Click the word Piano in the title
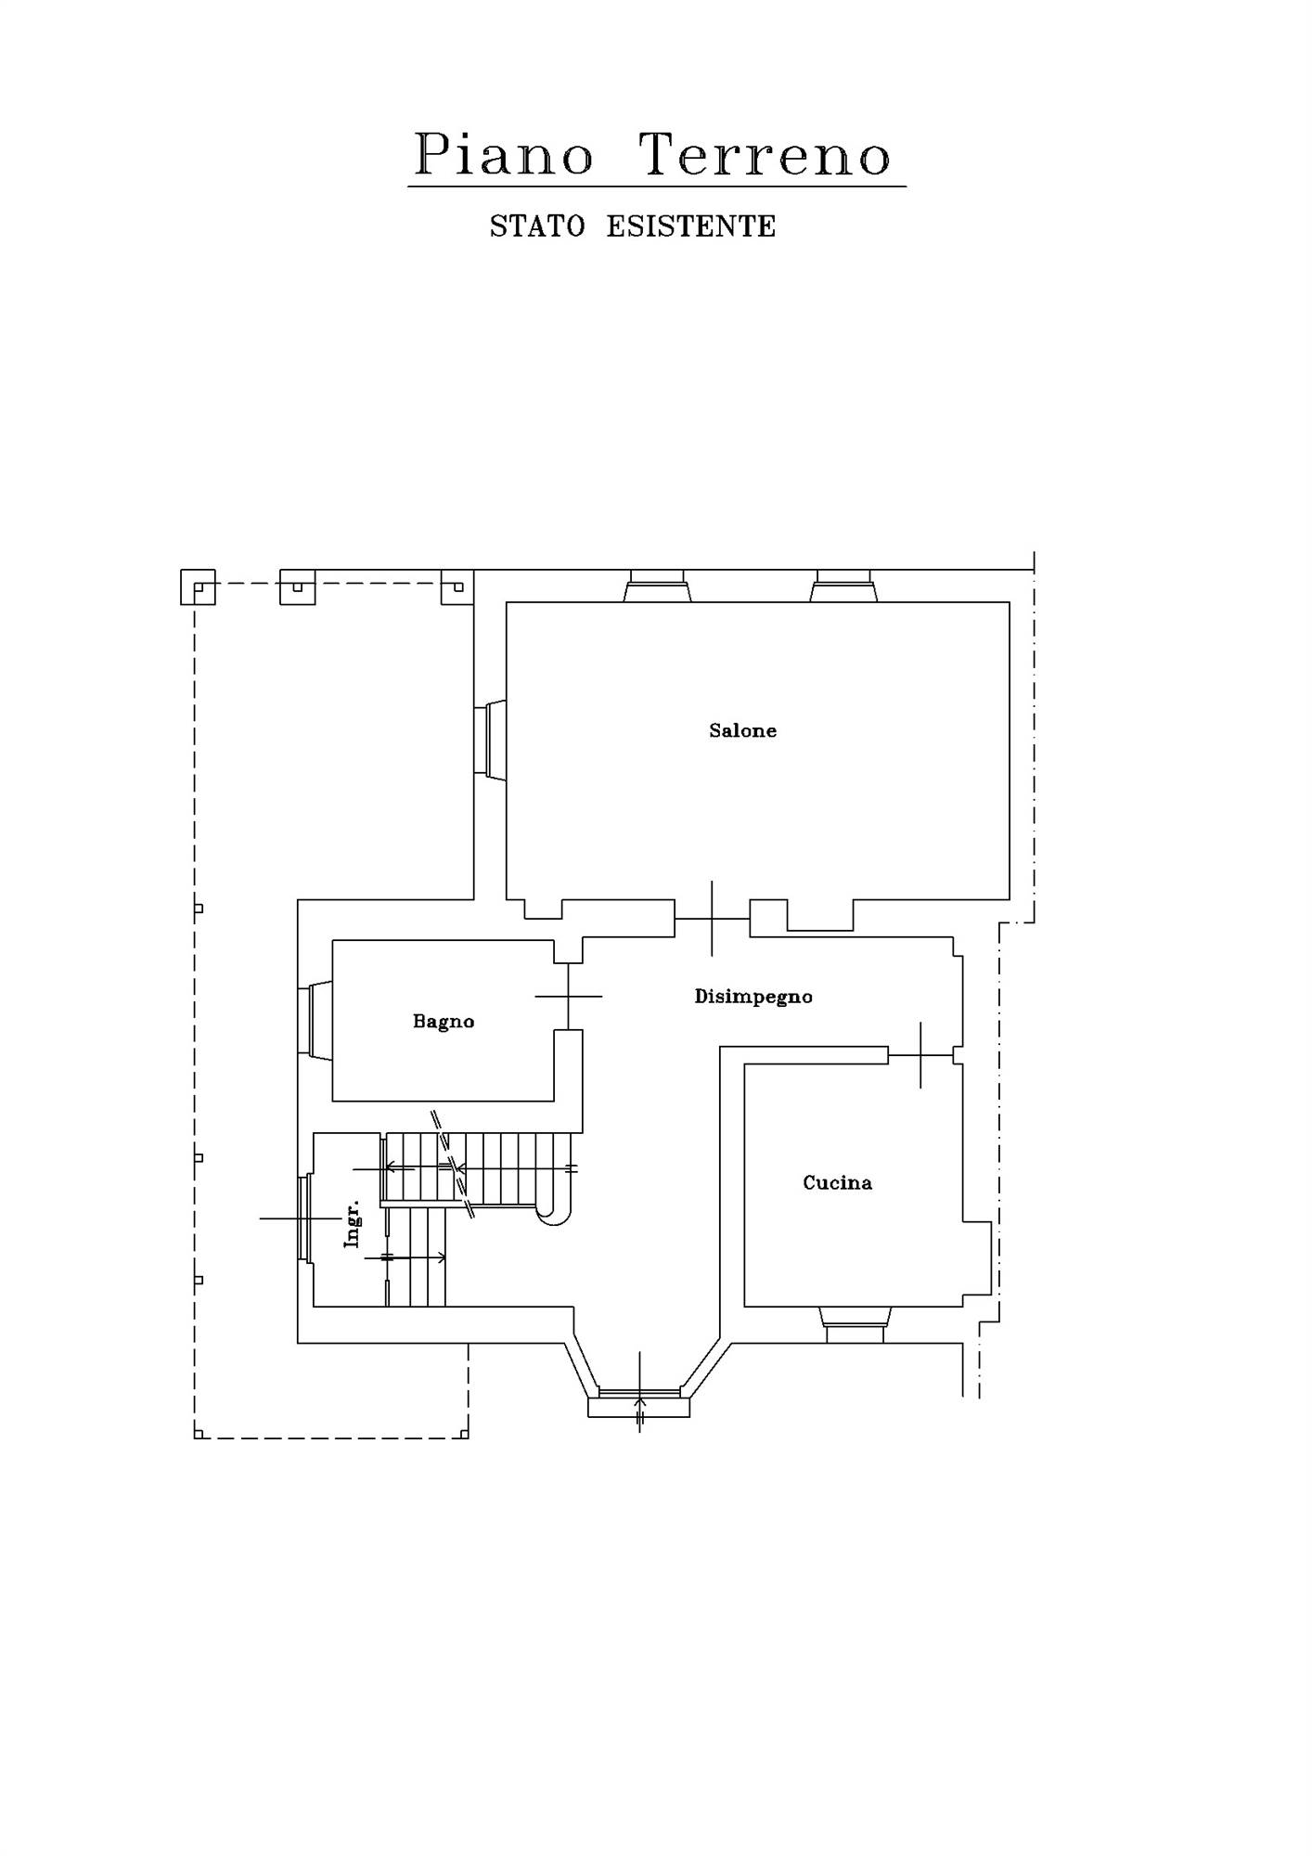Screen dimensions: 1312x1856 coord(503,154)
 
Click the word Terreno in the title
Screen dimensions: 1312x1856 coord(766,154)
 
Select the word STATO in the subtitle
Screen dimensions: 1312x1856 coord(537,226)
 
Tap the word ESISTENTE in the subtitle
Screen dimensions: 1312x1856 coord(691,226)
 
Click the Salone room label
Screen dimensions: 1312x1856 coord(742,730)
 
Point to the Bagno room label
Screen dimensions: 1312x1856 coord(444,1022)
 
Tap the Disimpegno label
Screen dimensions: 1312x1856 coord(753,998)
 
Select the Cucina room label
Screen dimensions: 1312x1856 coord(837,1182)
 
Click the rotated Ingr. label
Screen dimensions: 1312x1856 coord(352,1224)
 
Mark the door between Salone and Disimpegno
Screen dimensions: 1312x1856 coord(712,918)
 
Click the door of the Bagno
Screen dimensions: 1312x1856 coord(568,997)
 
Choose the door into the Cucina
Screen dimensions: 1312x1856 coord(920,1055)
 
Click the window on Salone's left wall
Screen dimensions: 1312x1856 coord(490,740)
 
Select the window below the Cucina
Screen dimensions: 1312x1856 coord(855,1324)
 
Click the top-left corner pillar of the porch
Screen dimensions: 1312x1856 coord(198,587)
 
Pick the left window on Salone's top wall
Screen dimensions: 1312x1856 coord(657,586)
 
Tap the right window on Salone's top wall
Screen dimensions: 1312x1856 coord(843,586)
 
